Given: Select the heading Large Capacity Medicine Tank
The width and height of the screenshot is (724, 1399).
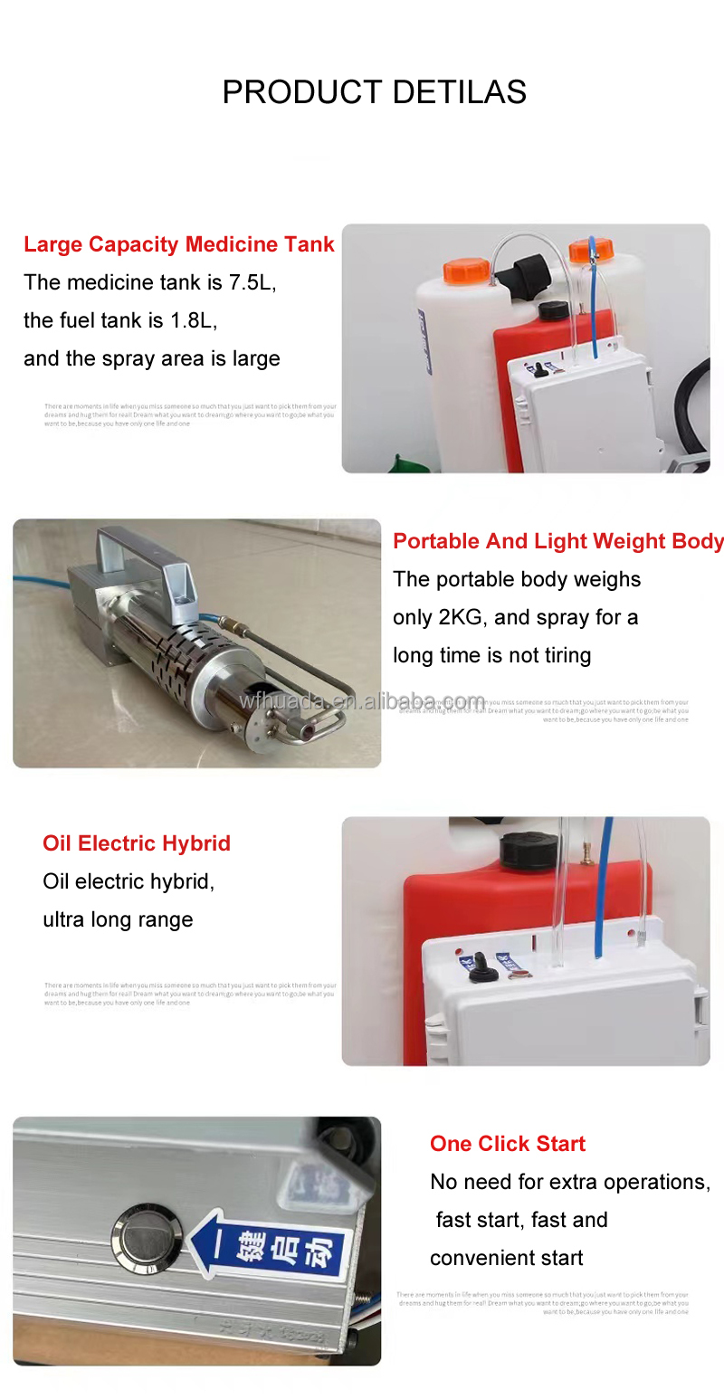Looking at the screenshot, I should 179,244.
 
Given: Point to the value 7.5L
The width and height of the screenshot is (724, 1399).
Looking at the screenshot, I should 252,282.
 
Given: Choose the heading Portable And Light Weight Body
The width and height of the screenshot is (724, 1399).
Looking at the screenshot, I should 557,541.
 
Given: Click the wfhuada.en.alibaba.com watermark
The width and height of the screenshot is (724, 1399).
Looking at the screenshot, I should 362,701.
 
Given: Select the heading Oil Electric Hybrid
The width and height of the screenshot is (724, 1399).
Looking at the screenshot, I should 137,843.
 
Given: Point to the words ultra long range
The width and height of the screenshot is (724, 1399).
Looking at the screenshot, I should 118,919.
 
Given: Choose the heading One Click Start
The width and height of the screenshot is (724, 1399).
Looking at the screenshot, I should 508,1144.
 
